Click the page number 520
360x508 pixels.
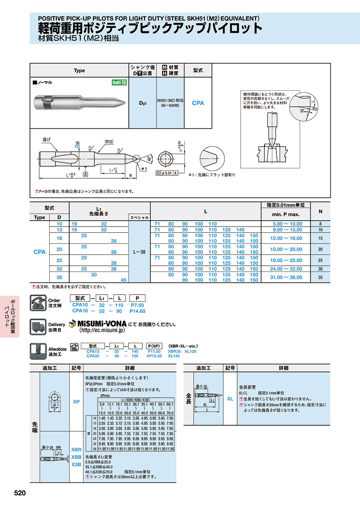(x=20, y=493)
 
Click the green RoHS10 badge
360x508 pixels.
(x=119, y=83)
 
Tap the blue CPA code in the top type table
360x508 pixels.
(x=198, y=103)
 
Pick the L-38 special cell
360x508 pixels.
(x=139, y=252)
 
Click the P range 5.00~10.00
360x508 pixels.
(x=287, y=224)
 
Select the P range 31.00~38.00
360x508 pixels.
(x=287, y=277)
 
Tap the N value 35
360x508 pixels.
(x=320, y=277)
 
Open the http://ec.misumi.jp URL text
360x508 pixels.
(x=102, y=331)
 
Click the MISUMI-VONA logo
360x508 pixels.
(x=98, y=323)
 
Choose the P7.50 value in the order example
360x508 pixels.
(x=138, y=305)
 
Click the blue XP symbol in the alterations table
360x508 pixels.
(x=76, y=402)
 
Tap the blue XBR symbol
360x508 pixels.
(x=76, y=450)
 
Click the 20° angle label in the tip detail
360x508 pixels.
(x=302, y=110)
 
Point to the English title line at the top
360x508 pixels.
(x=149, y=18)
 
